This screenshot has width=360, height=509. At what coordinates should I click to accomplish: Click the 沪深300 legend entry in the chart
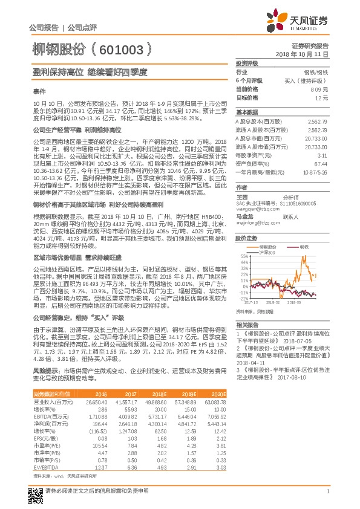[x=269, y=251]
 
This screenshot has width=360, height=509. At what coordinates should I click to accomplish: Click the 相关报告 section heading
[x=245, y=324]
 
